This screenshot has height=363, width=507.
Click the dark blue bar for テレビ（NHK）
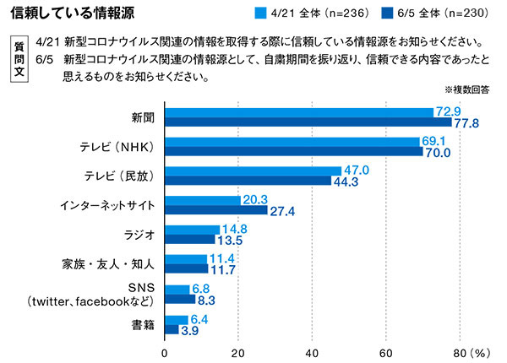(293, 151)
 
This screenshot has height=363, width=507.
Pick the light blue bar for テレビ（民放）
(251, 171)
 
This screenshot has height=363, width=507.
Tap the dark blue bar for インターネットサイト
(215, 210)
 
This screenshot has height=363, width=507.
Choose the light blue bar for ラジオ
(191, 230)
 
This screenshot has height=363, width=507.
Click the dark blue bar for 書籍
(171, 328)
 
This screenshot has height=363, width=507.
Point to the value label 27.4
(281, 210)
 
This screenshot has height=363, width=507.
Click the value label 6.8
(203, 288)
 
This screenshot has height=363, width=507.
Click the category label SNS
(141, 288)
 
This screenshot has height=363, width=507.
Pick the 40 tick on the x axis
(312, 349)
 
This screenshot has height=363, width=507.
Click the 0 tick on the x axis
(164, 349)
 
